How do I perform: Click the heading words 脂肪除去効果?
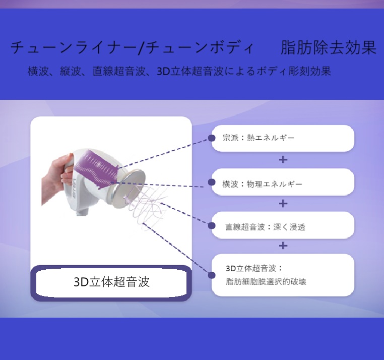(x=329, y=48)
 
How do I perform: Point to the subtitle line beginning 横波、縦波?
(x=179, y=71)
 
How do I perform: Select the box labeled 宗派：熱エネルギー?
(x=283, y=138)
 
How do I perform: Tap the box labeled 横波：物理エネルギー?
(x=283, y=183)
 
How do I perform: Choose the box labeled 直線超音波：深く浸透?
(x=283, y=226)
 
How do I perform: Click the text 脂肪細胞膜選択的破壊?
(x=266, y=281)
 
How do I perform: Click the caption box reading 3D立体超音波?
(x=111, y=282)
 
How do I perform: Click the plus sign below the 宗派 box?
(x=283, y=160)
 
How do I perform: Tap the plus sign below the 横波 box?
(x=283, y=204)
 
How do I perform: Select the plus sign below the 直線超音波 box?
(x=283, y=246)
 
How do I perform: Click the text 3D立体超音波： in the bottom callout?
(x=254, y=268)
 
